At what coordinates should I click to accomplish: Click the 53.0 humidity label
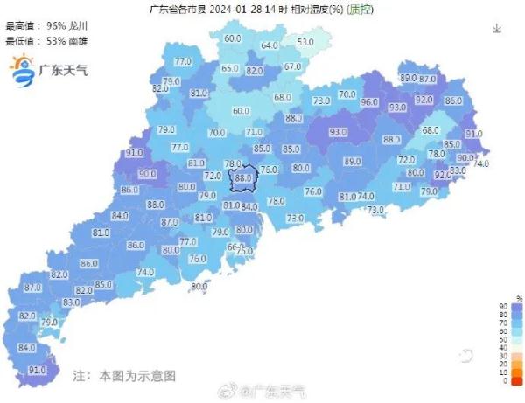(304, 42)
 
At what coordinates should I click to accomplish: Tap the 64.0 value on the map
(269, 45)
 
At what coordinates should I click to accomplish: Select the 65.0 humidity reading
(229, 69)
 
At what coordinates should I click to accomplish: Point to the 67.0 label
(291, 67)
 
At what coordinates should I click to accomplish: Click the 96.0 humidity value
(369, 102)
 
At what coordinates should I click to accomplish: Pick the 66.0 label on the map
(234, 247)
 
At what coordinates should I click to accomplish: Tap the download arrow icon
(497, 28)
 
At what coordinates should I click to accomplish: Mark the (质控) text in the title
(359, 10)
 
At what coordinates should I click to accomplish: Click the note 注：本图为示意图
(124, 375)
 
